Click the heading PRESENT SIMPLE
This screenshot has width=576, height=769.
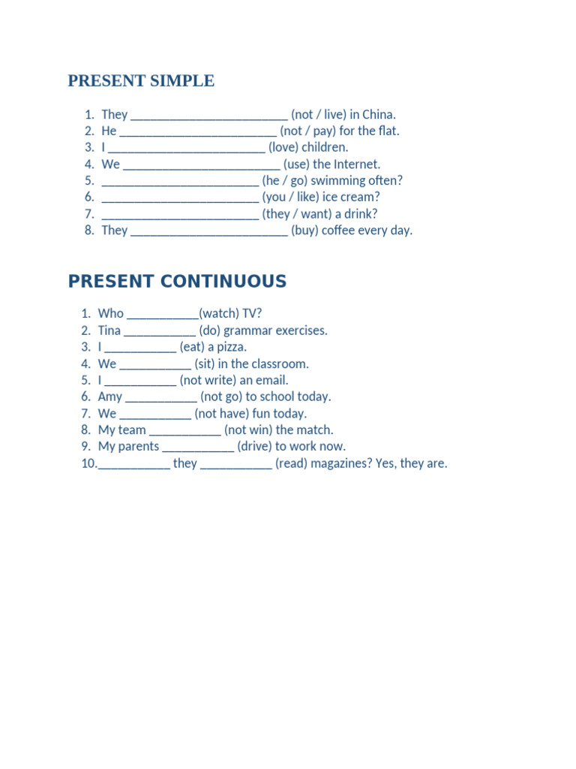click(x=141, y=81)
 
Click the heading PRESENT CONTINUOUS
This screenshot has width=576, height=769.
click(x=177, y=282)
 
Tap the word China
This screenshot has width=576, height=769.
click(x=378, y=115)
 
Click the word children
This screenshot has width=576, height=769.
click(x=325, y=148)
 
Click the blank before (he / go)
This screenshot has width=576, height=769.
click(x=180, y=181)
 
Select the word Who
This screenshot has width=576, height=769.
click(x=111, y=314)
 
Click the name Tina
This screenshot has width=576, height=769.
click(x=109, y=330)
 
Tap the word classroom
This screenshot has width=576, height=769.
click(x=280, y=364)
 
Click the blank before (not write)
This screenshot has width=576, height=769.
click(x=140, y=381)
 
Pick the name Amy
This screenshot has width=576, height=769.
click(x=110, y=397)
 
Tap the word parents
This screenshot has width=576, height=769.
click(x=139, y=447)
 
